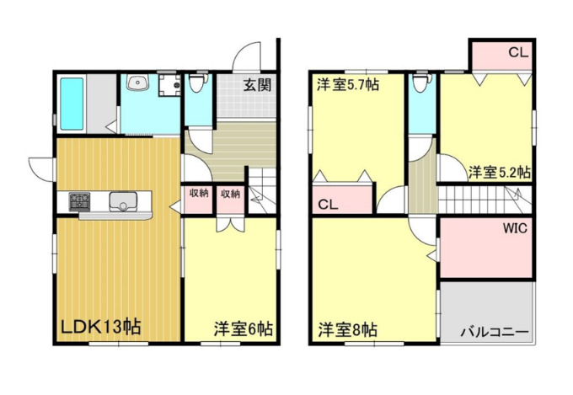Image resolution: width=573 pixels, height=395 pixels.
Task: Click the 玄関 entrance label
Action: (257, 84)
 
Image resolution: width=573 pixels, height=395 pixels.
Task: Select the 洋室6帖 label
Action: (243, 327)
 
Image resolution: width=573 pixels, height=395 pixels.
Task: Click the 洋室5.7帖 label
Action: (347, 84)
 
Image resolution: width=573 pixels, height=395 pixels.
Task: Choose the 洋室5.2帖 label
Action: (499, 173)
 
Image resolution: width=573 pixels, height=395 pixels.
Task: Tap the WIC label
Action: (516, 228)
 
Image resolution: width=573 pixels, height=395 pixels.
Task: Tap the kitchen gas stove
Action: (81, 202)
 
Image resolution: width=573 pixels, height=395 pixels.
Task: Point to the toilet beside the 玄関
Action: (198, 85)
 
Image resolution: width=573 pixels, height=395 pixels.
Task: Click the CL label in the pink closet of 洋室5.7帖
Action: (329, 203)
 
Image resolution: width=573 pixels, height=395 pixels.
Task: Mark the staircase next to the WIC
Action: (485, 200)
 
